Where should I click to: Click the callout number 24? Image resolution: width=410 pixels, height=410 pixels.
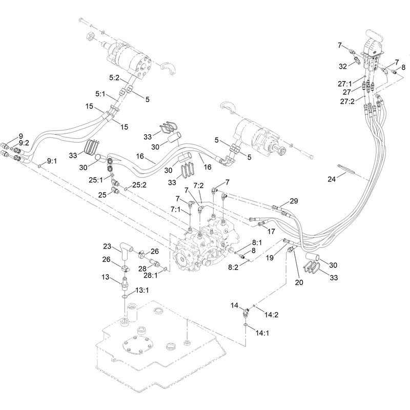click(x=332, y=179)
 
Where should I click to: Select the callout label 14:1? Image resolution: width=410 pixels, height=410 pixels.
click(x=262, y=333)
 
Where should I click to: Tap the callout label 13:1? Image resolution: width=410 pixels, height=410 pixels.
click(x=142, y=290)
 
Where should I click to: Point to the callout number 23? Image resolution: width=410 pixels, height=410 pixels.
click(x=107, y=247)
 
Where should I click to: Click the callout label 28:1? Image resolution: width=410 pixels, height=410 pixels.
click(x=151, y=275)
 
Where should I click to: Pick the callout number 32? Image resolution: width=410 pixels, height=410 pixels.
click(x=343, y=67)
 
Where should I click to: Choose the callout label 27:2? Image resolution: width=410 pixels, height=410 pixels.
click(x=347, y=101)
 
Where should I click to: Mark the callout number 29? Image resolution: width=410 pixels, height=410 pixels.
click(x=294, y=201)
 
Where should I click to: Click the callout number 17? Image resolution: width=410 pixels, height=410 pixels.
click(x=271, y=231)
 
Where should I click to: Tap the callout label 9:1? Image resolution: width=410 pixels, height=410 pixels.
click(x=52, y=161)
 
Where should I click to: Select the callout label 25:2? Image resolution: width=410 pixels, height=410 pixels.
click(x=139, y=185)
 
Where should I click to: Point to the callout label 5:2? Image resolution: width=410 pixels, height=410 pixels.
click(x=114, y=78)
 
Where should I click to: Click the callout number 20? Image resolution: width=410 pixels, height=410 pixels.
click(x=299, y=282)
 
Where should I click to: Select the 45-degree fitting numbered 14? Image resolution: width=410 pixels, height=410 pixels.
click(x=245, y=312)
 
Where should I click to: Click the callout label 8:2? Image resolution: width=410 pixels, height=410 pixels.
click(x=233, y=267)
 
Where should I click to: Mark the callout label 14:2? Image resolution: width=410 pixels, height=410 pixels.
click(x=271, y=315)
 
